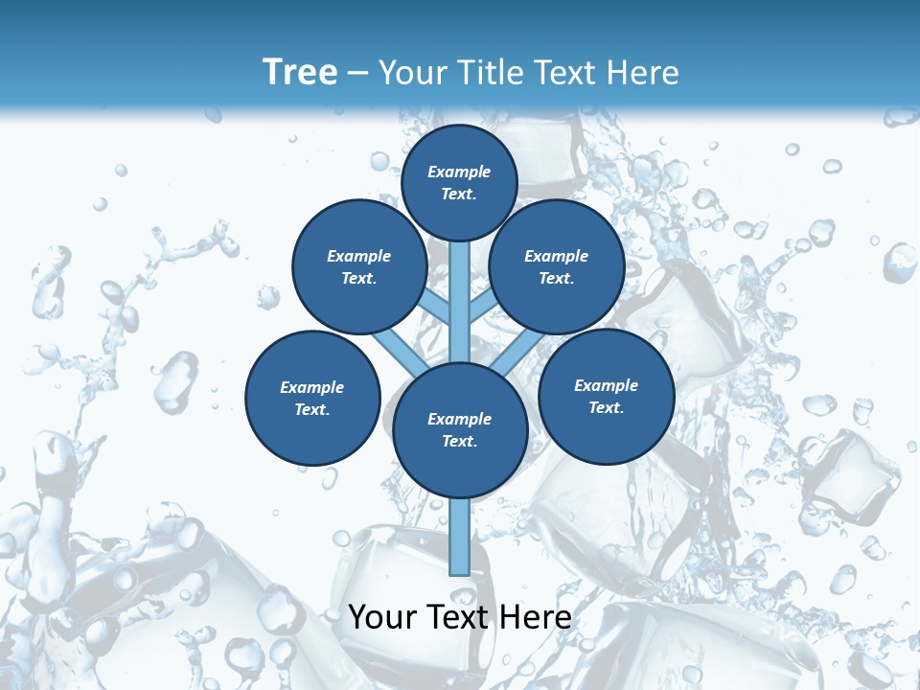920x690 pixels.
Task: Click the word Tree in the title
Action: pos(300,72)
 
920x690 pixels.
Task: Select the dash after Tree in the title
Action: pos(357,74)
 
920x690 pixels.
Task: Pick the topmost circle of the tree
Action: pos(459,182)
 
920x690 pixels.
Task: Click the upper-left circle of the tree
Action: pos(358,266)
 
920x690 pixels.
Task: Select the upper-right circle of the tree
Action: pos(557,266)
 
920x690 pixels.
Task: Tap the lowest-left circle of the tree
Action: pos(312,398)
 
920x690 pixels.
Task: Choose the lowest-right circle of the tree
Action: pos(606,396)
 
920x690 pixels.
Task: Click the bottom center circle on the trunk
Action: pos(460,430)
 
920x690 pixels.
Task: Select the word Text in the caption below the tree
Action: pos(459,617)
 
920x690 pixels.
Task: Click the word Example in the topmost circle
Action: pos(459,172)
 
